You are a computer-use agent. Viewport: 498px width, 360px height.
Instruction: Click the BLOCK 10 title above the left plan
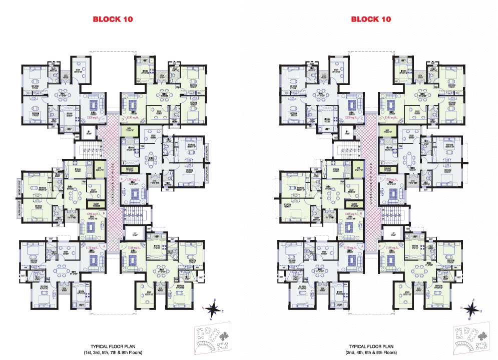coord(113,19)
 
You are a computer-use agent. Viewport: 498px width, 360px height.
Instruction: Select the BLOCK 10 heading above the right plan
coord(371,19)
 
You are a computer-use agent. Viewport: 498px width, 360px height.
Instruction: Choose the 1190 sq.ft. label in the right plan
coord(393,247)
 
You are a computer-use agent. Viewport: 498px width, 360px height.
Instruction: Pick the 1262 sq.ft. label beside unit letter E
coord(134,178)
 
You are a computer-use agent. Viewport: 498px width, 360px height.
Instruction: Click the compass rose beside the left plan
coord(211,308)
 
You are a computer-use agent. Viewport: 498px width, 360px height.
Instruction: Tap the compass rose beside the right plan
coord(470,308)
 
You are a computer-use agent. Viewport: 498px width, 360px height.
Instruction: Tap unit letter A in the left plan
coord(103,246)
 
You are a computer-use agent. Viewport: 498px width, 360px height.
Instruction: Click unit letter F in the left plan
coord(123,247)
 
